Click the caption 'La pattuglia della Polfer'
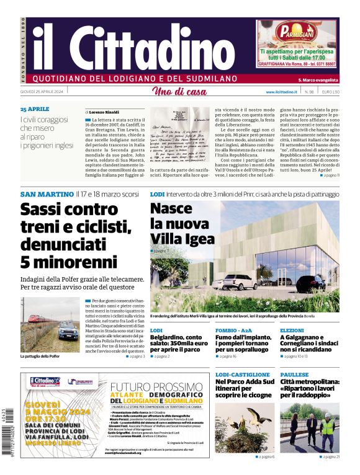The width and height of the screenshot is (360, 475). pos(40,357)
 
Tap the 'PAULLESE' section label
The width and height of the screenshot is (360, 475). pos(294,375)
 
